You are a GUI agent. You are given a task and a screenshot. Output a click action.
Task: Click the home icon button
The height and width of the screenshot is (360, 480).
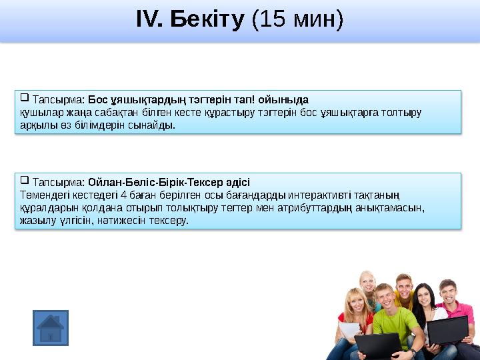[x=51, y=327]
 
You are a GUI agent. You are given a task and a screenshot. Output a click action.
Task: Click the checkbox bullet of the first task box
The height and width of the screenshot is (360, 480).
[x=25, y=98]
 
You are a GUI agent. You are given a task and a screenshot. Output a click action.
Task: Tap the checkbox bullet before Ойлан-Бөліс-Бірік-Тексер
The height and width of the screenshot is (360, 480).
[x=25, y=180]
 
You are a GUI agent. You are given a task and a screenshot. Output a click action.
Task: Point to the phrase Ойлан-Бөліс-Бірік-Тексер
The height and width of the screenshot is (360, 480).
[x=169, y=182]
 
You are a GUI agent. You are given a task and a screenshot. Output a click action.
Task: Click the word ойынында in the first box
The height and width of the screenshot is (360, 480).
[x=288, y=100]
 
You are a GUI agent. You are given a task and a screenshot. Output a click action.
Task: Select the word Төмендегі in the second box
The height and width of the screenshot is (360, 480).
[x=42, y=195]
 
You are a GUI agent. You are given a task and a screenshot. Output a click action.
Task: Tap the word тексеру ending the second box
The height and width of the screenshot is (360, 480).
[x=171, y=219]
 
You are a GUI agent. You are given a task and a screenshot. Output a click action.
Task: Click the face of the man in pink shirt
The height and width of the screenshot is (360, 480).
[x=447, y=294]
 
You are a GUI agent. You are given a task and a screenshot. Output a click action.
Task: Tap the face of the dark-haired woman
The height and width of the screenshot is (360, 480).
[x=423, y=297]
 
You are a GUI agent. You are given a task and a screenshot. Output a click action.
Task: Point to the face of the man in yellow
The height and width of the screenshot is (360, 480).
[x=403, y=285]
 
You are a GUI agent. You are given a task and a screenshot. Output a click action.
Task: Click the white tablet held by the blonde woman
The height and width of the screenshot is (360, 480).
[x=350, y=330]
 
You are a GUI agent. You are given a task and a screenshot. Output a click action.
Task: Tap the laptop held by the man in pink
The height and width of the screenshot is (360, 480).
[x=447, y=331]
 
